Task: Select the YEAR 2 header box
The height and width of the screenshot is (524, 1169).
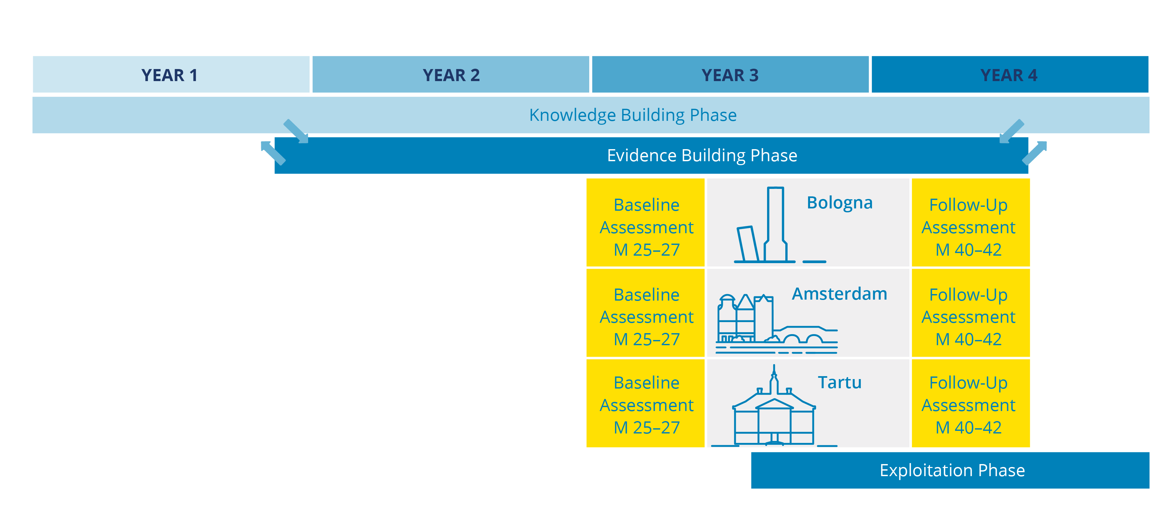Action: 450,75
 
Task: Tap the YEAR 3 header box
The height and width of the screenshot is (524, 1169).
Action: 730,75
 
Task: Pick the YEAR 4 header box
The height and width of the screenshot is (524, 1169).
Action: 1009,75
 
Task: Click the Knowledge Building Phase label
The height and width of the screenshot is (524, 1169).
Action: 633,115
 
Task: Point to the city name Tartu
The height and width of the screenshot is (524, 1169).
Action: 840,382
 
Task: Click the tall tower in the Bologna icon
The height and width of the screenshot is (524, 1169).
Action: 775,222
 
